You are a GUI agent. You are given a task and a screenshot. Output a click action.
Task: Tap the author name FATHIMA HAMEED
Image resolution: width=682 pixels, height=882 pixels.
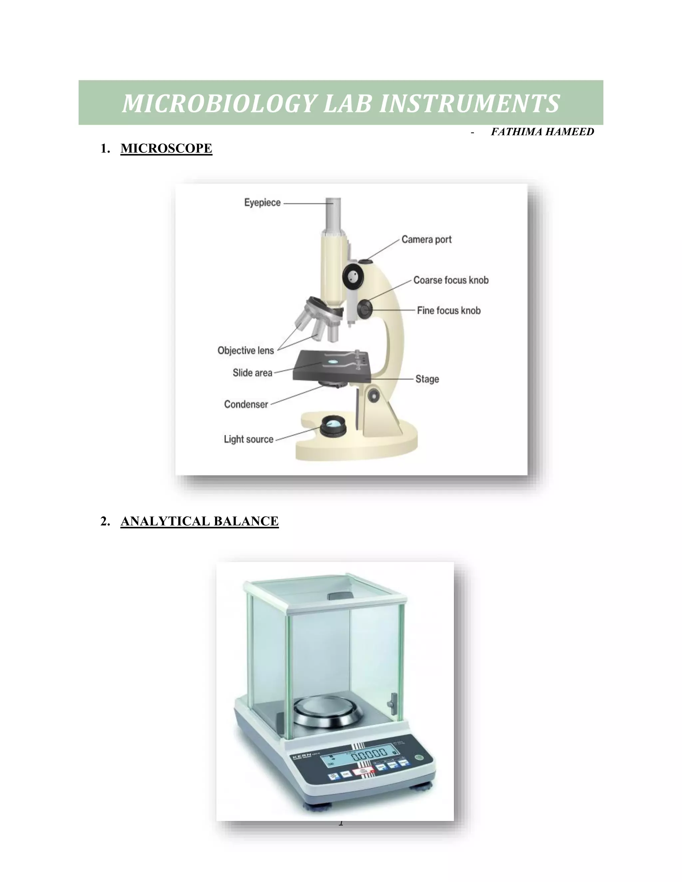click(x=542, y=132)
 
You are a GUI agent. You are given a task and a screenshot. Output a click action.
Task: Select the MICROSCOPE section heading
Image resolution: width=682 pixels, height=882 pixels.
click(x=166, y=149)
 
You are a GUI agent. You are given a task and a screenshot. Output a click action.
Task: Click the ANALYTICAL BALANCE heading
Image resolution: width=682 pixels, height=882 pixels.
click(x=199, y=521)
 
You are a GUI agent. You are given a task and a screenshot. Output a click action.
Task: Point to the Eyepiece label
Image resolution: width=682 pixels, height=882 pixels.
click(x=262, y=202)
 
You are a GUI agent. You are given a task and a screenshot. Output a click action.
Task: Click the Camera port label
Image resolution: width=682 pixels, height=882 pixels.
click(x=426, y=240)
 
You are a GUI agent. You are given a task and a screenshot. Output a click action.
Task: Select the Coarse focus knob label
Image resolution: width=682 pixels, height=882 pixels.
click(x=451, y=280)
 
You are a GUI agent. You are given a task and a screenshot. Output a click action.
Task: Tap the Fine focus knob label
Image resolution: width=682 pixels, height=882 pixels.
click(x=449, y=311)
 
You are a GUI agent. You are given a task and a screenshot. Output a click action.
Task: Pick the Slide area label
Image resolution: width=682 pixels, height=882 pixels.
click(x=252, y=373)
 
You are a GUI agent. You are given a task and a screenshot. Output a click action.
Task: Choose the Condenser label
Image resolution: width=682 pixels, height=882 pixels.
click(x=246, y=404)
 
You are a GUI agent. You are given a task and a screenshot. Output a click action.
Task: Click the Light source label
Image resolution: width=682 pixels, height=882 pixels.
click(x=248, y=439)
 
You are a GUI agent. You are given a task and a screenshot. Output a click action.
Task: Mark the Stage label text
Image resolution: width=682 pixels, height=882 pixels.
click(x=427, y=379)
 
